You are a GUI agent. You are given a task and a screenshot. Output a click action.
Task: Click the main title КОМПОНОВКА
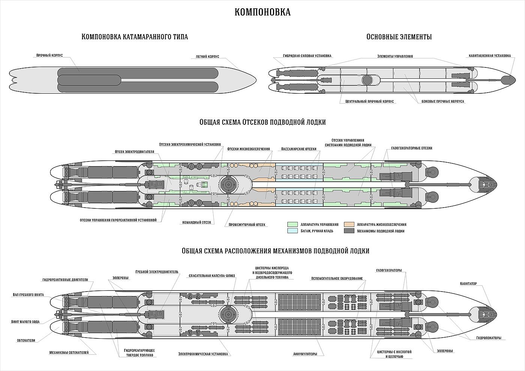262,12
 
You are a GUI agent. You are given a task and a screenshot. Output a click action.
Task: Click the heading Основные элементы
399,37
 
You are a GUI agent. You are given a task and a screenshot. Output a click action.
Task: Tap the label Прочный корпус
49,55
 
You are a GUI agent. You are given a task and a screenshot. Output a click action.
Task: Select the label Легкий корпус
207,57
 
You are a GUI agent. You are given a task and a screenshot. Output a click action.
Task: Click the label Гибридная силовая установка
307,56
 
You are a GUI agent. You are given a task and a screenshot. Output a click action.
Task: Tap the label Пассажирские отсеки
298,149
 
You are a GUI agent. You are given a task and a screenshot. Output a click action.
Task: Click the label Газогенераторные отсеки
412,148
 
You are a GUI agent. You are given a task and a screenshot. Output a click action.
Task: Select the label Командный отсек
196,222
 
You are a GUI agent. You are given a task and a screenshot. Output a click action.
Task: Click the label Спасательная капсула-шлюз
212,276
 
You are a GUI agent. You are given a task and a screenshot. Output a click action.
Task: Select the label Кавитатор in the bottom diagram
468,284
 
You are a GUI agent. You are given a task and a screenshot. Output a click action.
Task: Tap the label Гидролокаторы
489,338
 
